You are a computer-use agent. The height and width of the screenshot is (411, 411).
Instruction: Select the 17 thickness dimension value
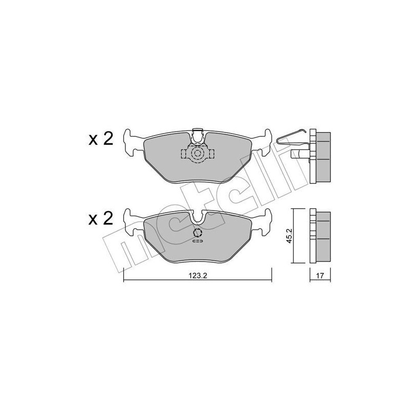click(320, 276)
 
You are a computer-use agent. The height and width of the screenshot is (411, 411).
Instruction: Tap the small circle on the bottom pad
click(197, 234)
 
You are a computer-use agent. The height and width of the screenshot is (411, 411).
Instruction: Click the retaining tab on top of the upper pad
click(197, 135)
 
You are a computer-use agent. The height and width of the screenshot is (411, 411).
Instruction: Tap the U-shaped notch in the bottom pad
click(197, 219)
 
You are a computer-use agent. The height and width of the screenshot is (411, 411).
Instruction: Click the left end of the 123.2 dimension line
click(125, 281)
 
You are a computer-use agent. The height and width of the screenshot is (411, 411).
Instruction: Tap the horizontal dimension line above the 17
click(320, 269)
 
